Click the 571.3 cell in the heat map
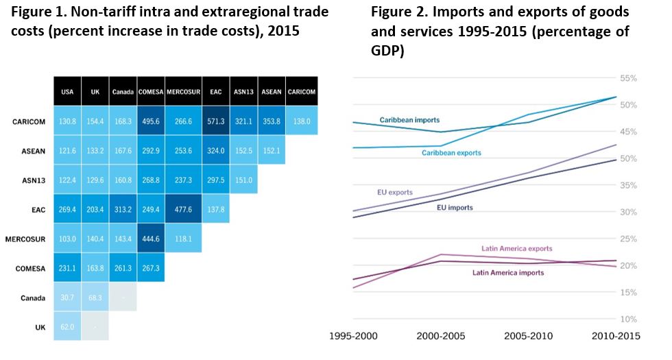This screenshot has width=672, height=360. coord(217,121)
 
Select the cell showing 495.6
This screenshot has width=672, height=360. coord(151,121)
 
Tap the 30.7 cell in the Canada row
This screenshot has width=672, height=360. coord(67,298)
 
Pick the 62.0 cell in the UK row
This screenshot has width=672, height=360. coord(67,328)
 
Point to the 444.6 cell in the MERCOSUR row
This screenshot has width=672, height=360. coord(151,239)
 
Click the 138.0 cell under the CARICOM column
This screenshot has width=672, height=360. coord(301,121)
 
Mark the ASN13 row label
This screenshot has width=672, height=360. coord(34,180)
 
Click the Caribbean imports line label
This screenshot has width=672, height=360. coord(409,120)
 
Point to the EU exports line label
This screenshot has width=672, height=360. coord(395,193)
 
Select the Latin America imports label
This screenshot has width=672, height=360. coord(508,273)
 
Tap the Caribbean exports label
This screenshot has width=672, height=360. coord(451,153)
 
